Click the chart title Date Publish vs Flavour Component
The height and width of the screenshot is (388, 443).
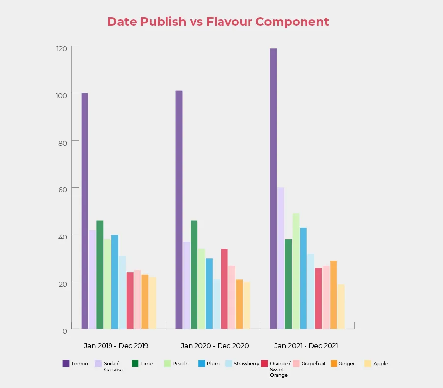pyautogui.click(x=218, y=22)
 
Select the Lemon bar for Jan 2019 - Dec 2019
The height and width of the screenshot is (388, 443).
pyautogui.click(x=85, y=211)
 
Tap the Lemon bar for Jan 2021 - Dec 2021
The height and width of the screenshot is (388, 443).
pyautogui.click(x=273, y=189)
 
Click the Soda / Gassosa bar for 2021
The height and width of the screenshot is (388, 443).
pyautogui.click(x=280, y=258)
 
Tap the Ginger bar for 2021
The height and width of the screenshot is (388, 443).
pyautogui.click(x=333, y=295)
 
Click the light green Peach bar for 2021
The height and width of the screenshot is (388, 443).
pyautogui.click(x=296, y=271)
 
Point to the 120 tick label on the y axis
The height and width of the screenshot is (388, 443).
pyautogui.click(x=61, y=48)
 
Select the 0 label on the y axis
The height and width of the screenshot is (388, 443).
pyautogui.click(x=65, y=331)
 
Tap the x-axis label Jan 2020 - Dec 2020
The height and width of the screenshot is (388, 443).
pyautogui.click(x=215, y=346)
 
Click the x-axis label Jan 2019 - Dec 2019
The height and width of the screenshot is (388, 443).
pyautogui.click(x=116, y=346)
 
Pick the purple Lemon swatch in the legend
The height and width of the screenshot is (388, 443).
pyautogui.click(x=66, y=364)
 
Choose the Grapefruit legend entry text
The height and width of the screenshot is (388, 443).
pyautogui.click(x=313, y=364)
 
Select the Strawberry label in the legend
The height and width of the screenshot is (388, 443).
pyautogui.click(x=247, y=364)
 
